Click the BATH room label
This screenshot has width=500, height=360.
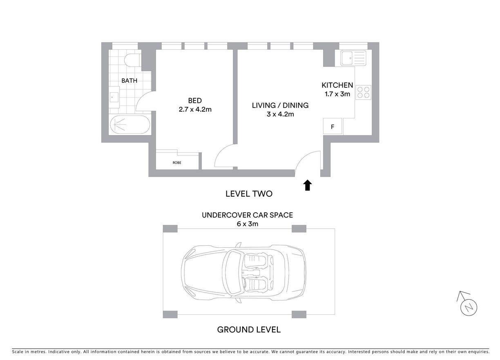tap(129, 80)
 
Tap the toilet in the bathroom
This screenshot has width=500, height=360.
tap(132, 59)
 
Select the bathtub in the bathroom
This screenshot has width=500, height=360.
tap(130, 124)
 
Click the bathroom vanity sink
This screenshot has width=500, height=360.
tap(114, 97)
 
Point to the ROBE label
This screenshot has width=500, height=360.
tap(177, 162)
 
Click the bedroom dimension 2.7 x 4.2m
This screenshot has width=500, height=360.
tap(195, 109)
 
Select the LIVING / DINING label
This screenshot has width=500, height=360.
tap(280, 105)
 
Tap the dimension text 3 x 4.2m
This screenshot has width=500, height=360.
tap(280, 114)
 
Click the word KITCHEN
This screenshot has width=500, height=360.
tap(337, 85)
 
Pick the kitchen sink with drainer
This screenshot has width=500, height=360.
tap(353, 58)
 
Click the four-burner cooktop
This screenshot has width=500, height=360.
tap(363, 92)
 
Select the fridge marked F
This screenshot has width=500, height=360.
tap(333, 126)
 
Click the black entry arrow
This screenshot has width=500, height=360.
tap(308, 185)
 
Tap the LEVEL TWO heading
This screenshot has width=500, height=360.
tap(249, 193)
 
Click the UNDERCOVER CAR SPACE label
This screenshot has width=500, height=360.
tap(247, 215)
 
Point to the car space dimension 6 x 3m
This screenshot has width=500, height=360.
tap(247, 224)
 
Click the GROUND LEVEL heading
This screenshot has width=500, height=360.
tap(249, 329)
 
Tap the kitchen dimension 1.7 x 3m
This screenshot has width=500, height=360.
tap(337, 94)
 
